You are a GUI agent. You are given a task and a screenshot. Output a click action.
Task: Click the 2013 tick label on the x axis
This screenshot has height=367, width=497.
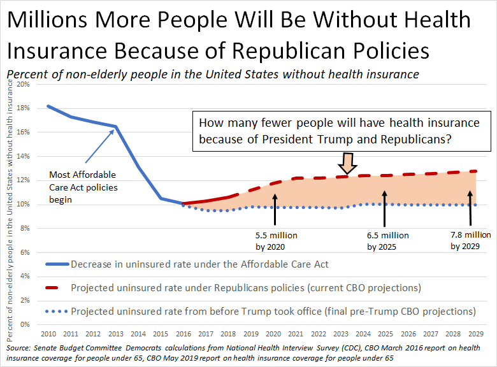[x=116, y=333]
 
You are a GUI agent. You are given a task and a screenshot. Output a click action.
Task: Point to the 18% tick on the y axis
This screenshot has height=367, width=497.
[x=24, y=108]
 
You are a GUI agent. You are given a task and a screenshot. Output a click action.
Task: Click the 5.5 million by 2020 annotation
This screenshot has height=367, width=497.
[x=275, y=241]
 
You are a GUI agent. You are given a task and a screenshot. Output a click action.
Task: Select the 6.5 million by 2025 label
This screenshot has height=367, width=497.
[x=387, y=241]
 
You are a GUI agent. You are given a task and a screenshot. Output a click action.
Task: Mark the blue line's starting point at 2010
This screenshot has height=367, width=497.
[x=48, y=106]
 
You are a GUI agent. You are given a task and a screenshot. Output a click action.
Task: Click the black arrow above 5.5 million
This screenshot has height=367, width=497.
[x=275, y=210]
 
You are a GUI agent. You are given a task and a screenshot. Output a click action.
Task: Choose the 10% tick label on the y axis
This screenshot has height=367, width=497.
[x=24, y=205]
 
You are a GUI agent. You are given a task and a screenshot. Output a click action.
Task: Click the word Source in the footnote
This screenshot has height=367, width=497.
[x=17, y=349]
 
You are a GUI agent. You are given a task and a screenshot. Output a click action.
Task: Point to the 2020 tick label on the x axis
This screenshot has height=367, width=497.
[x=275, y=333]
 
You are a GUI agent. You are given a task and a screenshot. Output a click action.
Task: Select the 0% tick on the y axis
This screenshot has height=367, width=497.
[x=25, y=324]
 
